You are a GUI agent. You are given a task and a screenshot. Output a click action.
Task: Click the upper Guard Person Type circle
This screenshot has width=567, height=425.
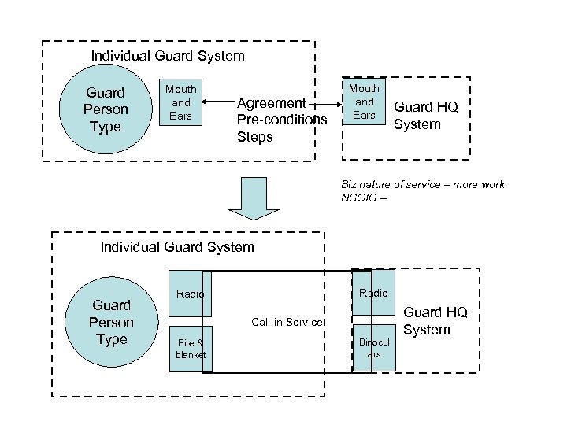point(106,110)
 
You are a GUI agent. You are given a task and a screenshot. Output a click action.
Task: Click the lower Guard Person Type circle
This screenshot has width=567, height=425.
point(111,322)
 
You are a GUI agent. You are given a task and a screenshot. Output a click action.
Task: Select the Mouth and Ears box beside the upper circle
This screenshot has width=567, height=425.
point(180,102)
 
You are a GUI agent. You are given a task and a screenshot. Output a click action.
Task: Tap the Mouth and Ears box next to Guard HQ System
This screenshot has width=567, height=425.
point(364,102)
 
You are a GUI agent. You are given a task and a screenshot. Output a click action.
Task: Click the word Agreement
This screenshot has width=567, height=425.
point(271,103)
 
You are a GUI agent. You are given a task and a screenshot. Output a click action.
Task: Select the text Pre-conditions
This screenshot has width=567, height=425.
point(281,120)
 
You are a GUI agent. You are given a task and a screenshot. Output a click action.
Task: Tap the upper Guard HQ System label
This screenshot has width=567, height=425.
point(425,116)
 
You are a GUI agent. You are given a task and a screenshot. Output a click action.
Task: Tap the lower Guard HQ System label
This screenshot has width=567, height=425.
point(435,321)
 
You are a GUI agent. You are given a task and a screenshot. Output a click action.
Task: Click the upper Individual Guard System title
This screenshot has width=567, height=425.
point(168,56)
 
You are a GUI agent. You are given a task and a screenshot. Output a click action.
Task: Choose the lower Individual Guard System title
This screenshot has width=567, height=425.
point(177,247)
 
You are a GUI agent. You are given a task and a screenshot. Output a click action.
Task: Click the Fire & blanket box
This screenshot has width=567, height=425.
point(189,348)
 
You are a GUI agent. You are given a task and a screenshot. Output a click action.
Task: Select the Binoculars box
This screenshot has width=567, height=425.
point(373,348)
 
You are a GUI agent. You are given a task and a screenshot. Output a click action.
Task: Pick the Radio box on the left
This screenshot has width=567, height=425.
point(189,294)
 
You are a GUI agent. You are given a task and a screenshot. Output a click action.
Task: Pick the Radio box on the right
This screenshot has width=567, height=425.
point(373,292)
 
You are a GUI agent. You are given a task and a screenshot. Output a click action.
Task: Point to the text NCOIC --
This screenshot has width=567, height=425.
point(365,198)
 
